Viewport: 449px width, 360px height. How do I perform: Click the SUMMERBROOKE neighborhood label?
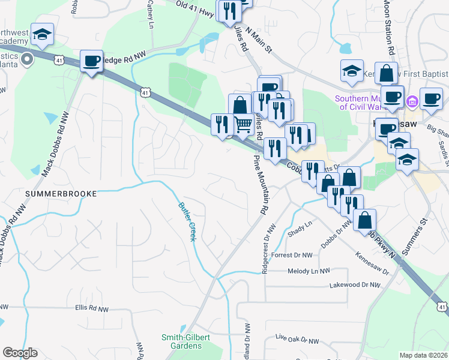[x=52, y=194]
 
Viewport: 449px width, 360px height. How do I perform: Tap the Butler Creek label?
[x=186, y=221]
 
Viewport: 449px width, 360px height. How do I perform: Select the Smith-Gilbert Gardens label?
[x=185, y=341]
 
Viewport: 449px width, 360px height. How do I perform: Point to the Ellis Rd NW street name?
[x=91, y=309]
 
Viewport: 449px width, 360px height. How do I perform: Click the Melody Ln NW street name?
[x=309, y=271]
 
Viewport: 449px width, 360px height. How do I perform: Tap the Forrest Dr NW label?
[x=292, y=255]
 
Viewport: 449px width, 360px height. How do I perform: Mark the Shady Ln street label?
[x=301, y=229]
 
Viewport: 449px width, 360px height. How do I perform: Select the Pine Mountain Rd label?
[x=260, y=185]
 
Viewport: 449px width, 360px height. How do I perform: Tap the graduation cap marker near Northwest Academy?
[x=42, y=34]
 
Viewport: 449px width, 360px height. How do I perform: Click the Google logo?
[x=20, y=353]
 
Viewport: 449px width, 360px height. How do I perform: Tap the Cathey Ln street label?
[x=150, y=15]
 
